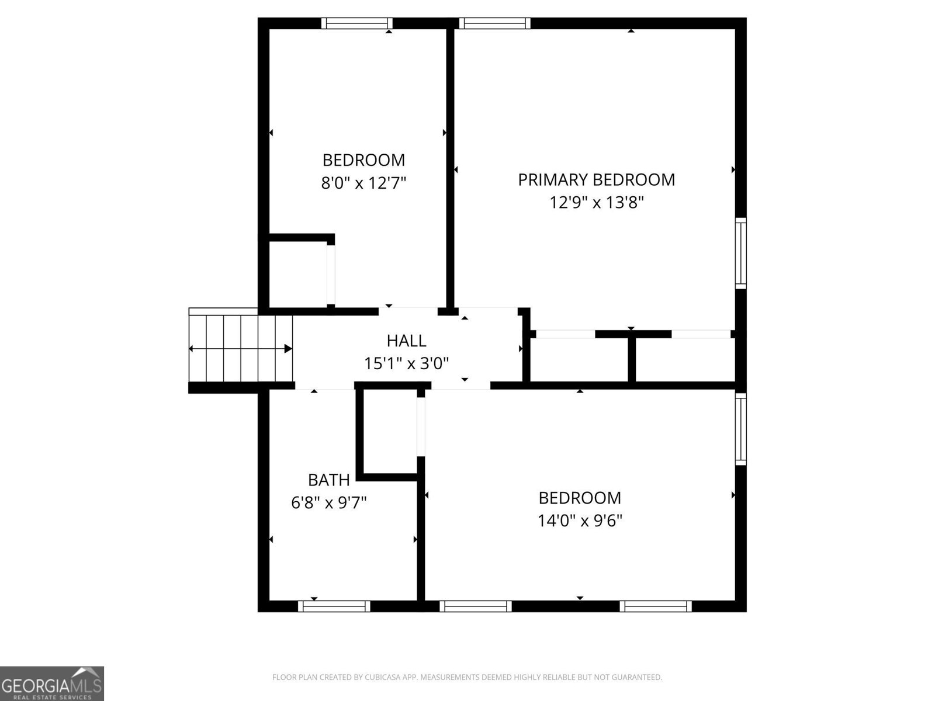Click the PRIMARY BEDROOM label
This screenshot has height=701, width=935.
tap(596, 179)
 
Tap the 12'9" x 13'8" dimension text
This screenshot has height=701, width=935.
tap(596, 203)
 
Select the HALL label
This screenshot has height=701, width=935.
tap(406, 341)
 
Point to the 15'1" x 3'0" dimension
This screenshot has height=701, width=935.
tap(406, 364)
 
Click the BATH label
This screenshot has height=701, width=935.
tap(328, 480)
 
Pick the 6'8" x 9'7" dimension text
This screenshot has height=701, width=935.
tap(328, 502)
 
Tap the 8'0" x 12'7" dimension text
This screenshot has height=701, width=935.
tap(363, 183)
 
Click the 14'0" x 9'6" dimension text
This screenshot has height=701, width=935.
tap(580, 520)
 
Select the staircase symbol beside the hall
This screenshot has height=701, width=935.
tap(240, 348)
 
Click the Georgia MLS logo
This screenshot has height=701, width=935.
tap(52, 683)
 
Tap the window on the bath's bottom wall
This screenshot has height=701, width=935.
tap(334, 606)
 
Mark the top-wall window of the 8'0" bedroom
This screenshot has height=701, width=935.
tap(356, 23)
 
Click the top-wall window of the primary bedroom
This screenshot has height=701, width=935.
tap(494, 23)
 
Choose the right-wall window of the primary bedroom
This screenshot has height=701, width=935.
tap(740, 252)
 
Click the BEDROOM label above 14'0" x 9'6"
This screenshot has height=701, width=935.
tap(580, 498)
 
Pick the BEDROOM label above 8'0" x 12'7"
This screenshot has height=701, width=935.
tap(363, 160)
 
